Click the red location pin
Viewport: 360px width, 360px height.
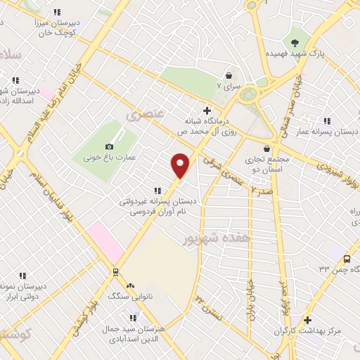pyautogui.click(x=181, y=165)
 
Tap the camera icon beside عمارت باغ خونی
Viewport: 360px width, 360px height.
pyautogui.click(x=109, y=146)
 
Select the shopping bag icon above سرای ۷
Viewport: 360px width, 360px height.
pyautogui.click(x=229, y=75)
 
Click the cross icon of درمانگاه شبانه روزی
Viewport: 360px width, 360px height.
pyautogui.click(x=206, y=110)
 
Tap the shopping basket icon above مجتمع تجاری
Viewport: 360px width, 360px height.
pyautogui.click(x=266, y=149)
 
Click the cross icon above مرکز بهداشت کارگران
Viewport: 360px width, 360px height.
pyautogui.click(x=307, y=320)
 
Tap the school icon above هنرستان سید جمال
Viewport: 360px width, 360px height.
pyautogui.click(x=134, y=317)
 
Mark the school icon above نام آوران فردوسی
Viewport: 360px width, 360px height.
pyautogui.click(x=158, y=190)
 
